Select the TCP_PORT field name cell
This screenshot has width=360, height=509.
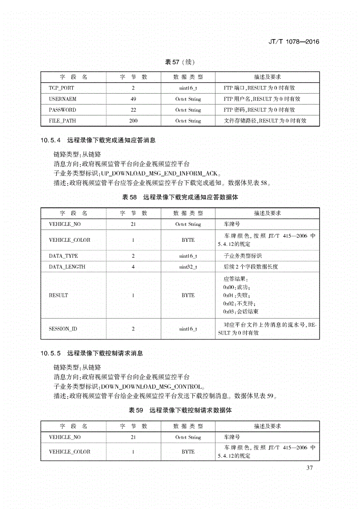pos(61,88)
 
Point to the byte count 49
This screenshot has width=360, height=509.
pos(133,99)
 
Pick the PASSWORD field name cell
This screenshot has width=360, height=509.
pos(62,110)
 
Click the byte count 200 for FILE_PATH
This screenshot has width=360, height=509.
pos(133,121)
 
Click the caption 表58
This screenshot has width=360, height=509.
pos(129,198)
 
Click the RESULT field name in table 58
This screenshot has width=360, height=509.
pos(59,295)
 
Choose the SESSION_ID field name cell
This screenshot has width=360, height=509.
pos(63,329)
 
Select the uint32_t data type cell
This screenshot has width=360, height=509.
pos(188,267)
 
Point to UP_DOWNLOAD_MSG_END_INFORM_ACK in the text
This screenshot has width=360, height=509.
pos(160,173)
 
